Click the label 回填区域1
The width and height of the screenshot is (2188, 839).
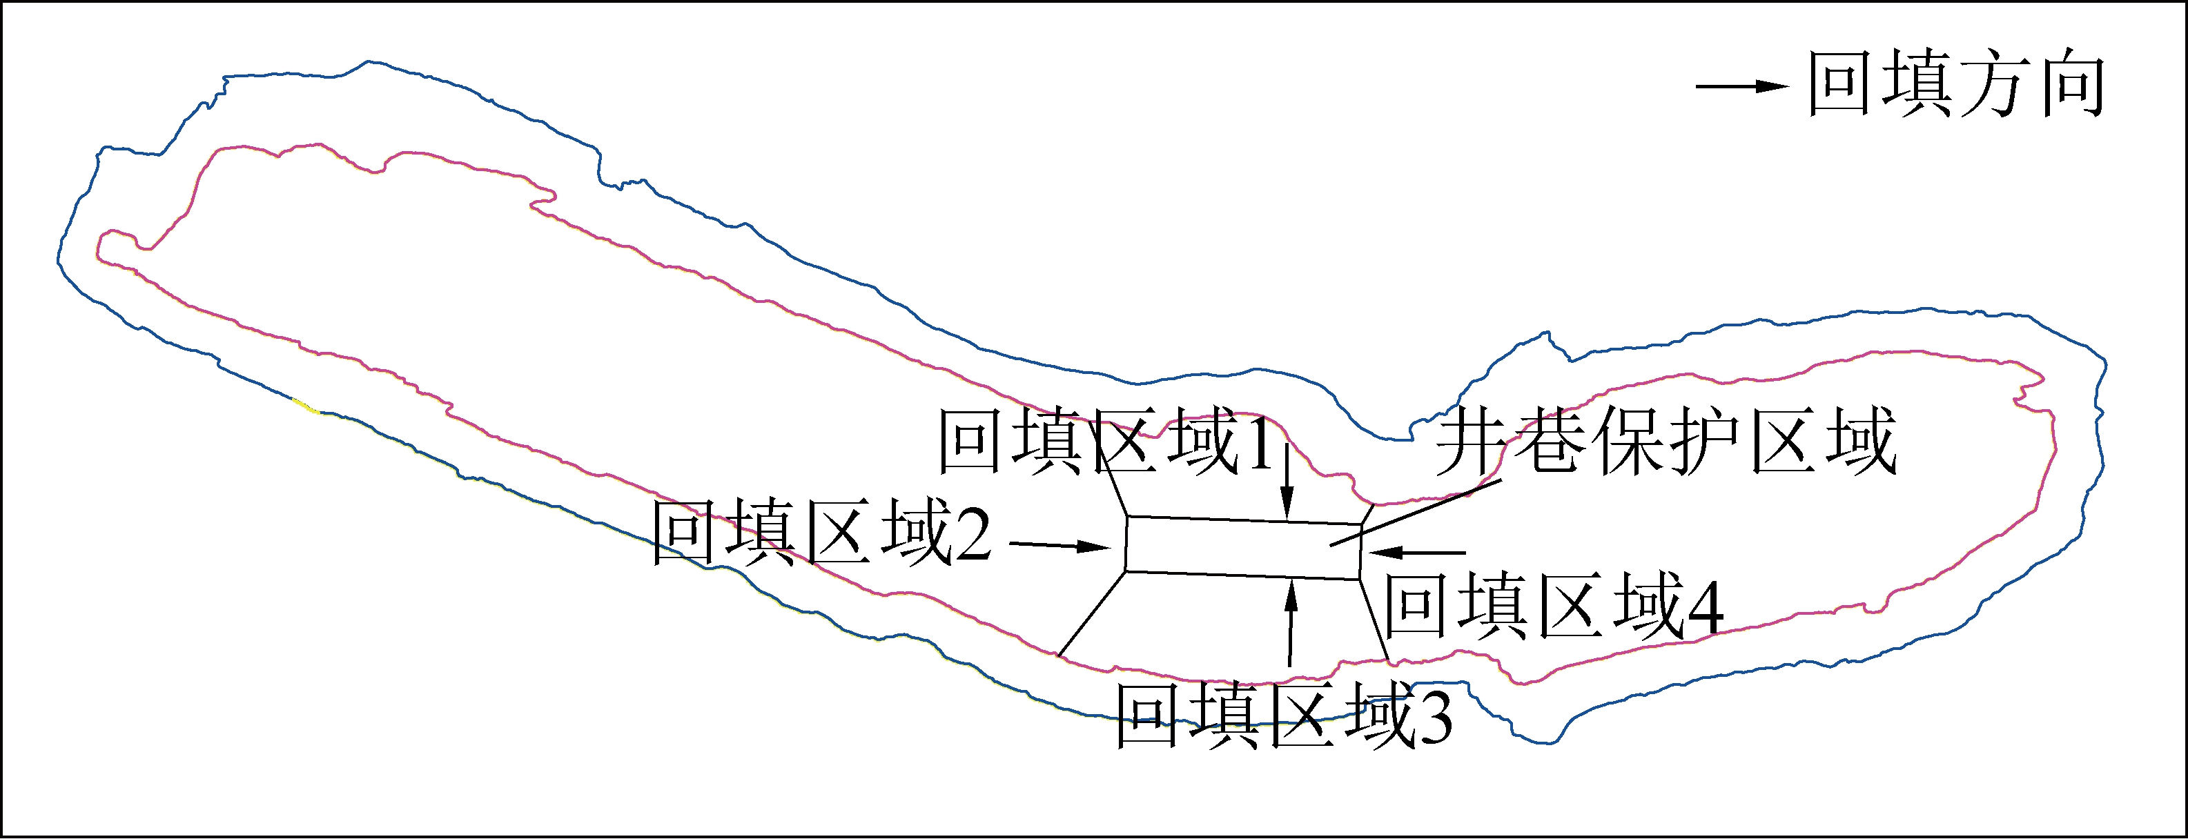[x=1108, y=441]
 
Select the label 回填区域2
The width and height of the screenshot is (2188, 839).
[x=822, y=533]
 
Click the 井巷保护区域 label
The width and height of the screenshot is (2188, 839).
[x=1666, y=441]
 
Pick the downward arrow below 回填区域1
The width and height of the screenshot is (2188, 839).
[x=1289, y=480]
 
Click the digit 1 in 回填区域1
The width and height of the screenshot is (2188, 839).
[x=1263, y=442]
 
